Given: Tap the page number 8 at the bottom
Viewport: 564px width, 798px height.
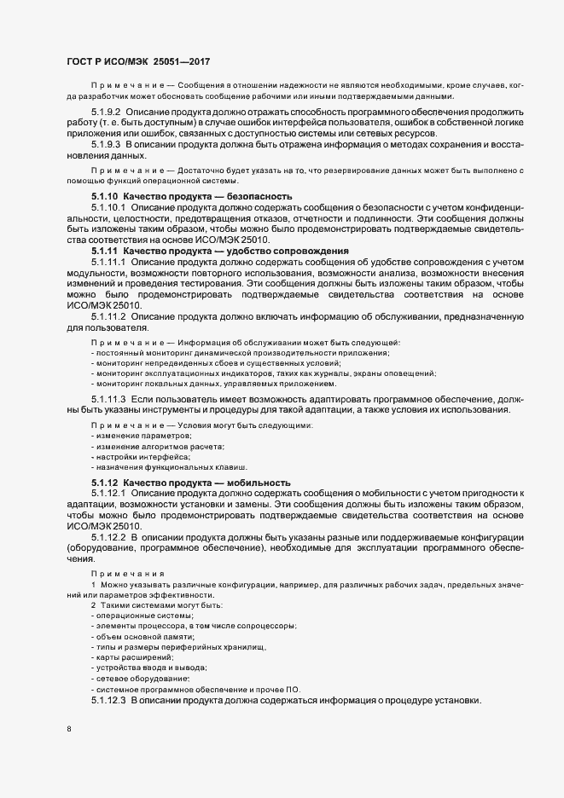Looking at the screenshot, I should tap(69, 729).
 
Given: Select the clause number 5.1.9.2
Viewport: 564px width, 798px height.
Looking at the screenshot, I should tap(107, 113).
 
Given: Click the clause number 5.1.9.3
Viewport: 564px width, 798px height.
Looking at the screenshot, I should tap(107, 144).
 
